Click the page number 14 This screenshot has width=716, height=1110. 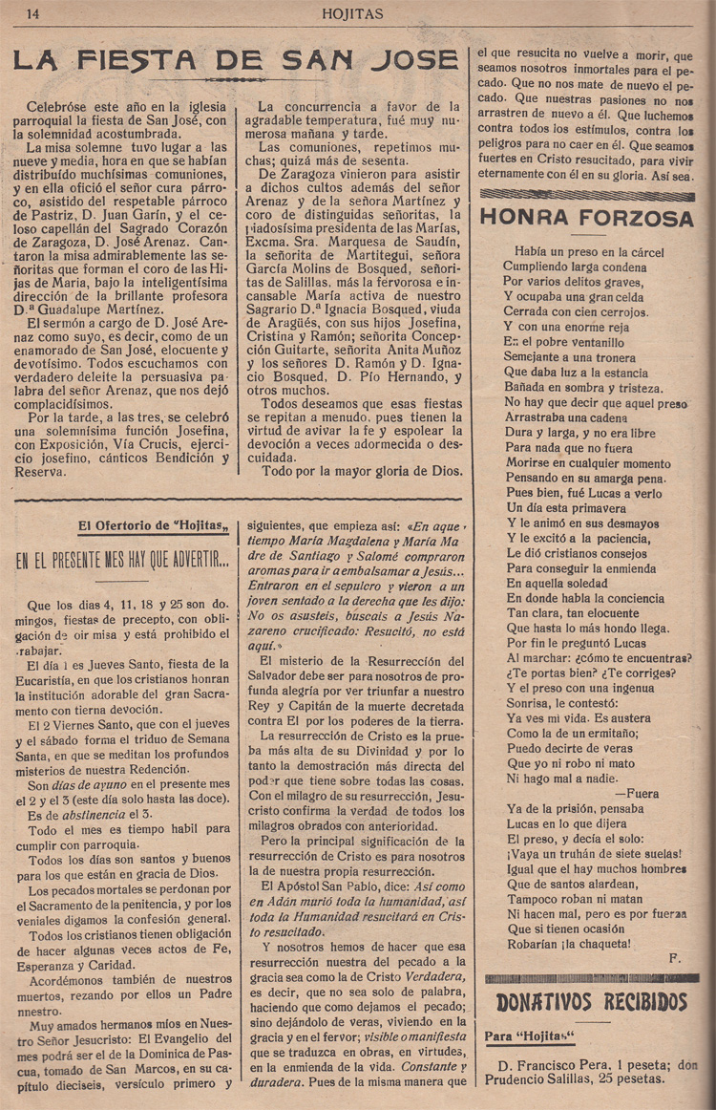click(x=32, y=13)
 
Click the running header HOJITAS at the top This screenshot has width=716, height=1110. click(x=352, y=13)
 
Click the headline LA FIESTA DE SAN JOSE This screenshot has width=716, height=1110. click(x=235, y=61)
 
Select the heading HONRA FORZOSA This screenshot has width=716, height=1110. click(x=586, y=218)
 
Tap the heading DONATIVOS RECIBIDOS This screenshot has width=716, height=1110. click(x=592, y=1002)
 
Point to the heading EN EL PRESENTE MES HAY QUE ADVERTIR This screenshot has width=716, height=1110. click(x=122, y=562)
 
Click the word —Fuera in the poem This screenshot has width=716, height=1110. click(x=637, y=793)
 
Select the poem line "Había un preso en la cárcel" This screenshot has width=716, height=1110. click(x=581, y=252)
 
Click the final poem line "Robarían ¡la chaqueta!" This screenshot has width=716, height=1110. click(x=569, y=943)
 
